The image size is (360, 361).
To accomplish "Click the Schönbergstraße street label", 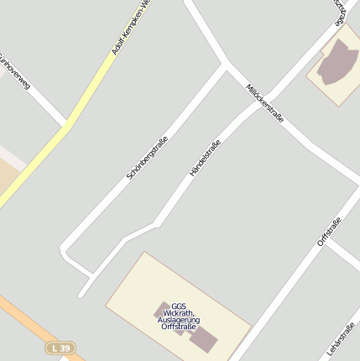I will pos(147,157).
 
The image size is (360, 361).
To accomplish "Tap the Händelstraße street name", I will pos(205,157).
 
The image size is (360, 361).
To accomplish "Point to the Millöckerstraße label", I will pos(265,103).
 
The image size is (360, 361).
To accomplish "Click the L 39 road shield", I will pos(60,347).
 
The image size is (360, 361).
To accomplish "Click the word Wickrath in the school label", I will pos(178,313).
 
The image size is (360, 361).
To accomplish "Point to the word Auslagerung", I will pos(178,320).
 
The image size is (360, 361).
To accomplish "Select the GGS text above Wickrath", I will pos(178,306).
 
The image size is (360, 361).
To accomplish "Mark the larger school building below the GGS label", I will pos(204,338).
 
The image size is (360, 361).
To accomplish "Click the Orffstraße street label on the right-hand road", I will pos(329,232).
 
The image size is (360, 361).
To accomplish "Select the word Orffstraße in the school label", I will pos(178,327).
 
